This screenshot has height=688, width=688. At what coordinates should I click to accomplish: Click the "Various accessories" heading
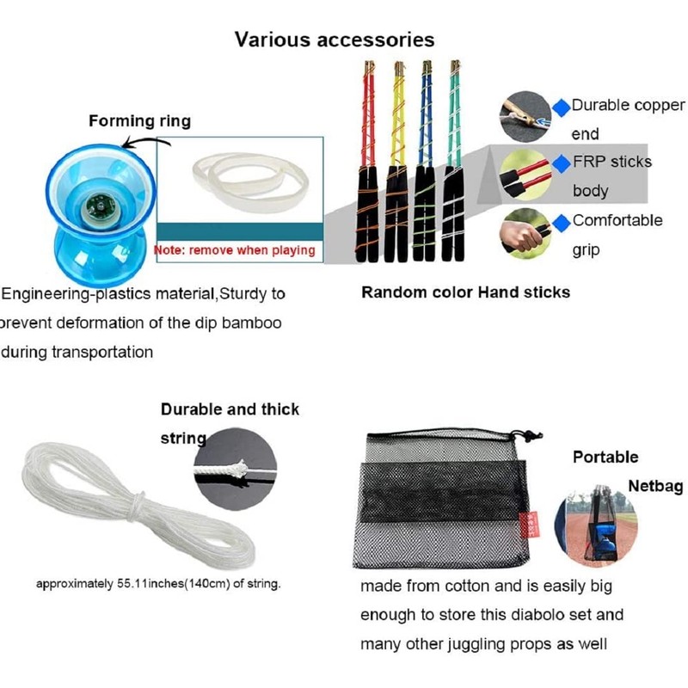[x=335, y=40]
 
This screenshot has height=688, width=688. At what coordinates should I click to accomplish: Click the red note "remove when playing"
[x=235, y=250]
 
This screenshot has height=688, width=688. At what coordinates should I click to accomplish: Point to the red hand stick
[x=369, y=163]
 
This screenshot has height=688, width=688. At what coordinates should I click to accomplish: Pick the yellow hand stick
[x=398, y=163]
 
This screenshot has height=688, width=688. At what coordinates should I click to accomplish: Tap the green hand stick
[x=453, y=163]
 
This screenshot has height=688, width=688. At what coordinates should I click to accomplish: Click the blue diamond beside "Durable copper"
[x=561, y=107]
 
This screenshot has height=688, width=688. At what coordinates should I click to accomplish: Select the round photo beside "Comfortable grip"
[x=525, y=230]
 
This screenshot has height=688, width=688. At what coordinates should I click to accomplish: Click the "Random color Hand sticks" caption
[x=465, y=292]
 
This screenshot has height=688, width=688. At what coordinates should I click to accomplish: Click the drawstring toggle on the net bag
[x=527, y=436]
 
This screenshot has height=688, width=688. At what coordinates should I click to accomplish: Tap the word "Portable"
[x=605, y=457]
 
